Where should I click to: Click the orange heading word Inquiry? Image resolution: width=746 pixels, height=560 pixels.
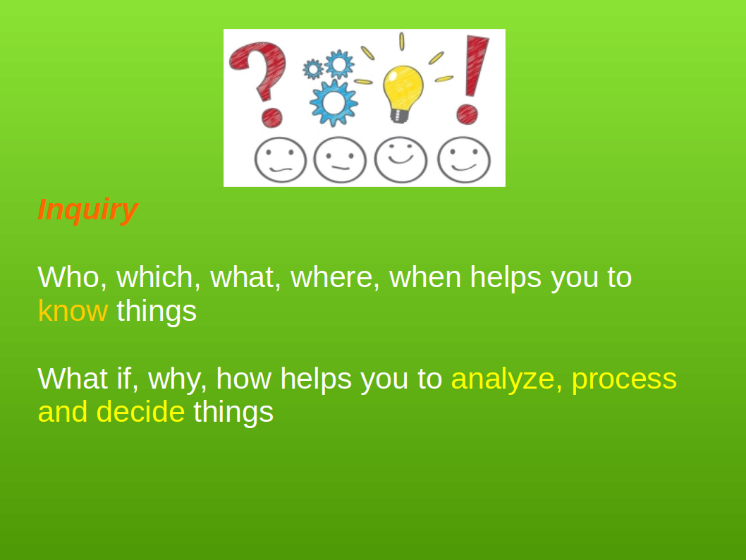[87, 209]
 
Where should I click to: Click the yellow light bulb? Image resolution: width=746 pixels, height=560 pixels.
[403, 90]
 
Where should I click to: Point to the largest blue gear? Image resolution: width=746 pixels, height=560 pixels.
[334, 103]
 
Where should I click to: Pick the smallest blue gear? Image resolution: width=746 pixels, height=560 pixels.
[313, 69]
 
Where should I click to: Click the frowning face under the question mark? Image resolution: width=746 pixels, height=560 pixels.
[280, 160]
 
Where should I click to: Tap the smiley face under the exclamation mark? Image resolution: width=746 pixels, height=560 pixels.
[464, 160]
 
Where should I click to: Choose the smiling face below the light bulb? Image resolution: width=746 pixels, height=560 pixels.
[400, 160]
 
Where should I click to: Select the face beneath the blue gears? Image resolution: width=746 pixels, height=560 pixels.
[340, 160]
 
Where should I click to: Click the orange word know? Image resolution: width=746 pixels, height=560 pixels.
[73, 311]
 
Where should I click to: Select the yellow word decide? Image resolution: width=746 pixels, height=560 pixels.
[140, 412]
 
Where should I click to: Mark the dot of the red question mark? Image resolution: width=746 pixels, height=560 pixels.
[271, 118]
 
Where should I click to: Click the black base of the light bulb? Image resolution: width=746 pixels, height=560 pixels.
[399, 116]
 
